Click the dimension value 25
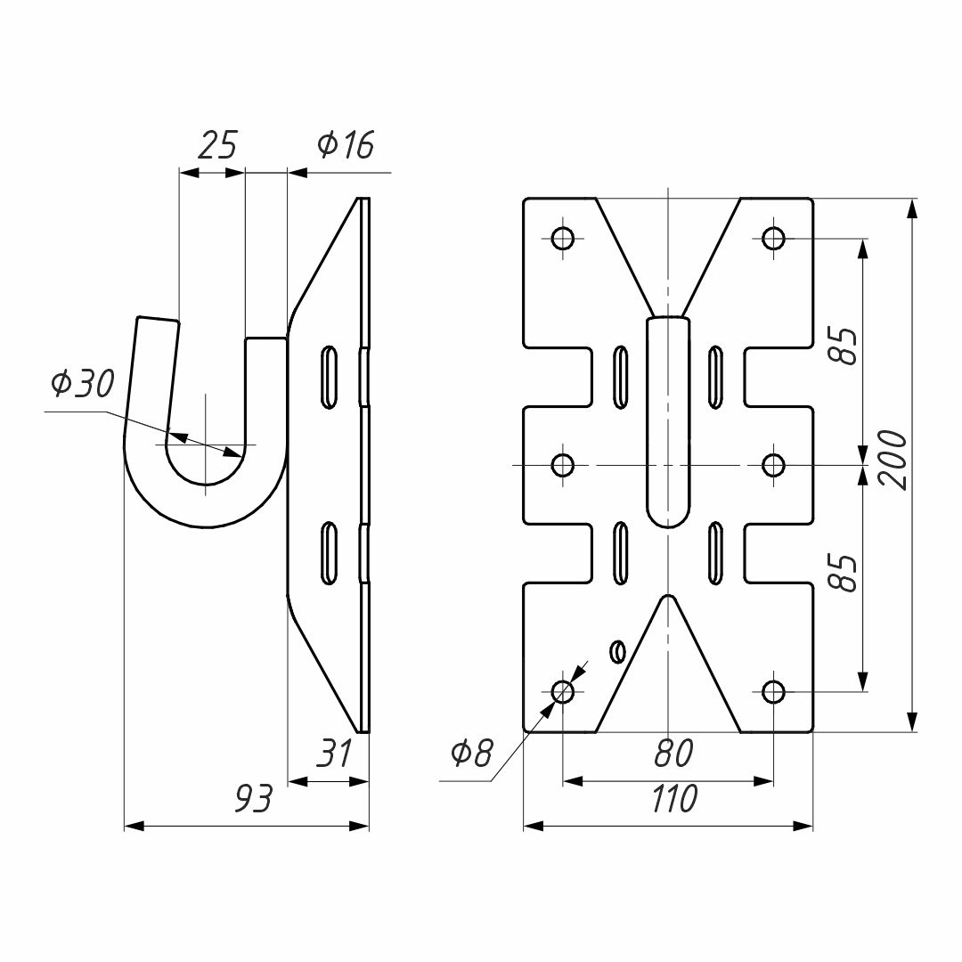218,145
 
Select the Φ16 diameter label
346,145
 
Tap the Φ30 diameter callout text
83,384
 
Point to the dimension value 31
334,754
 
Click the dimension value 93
253,799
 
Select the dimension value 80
673,754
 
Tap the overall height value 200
893,461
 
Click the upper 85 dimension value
847,346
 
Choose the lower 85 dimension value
847,574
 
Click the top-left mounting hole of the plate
563,238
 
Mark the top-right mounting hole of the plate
773,238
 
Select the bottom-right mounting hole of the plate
773,692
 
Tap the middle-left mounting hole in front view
563,465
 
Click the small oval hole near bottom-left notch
617,651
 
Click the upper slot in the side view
330,378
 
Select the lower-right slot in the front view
715,553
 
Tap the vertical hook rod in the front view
668,421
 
